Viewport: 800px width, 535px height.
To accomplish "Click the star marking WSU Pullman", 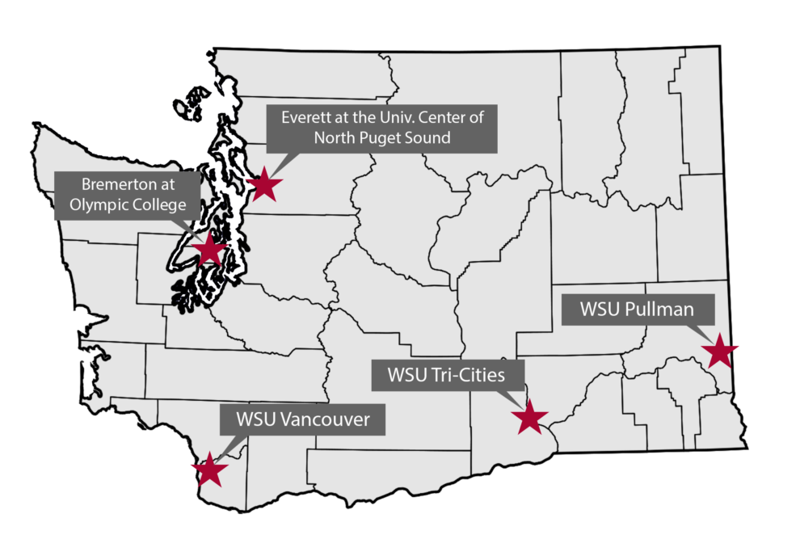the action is click(x=719, y=352).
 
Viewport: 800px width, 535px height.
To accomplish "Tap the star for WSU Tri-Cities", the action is click(x=530, y=417).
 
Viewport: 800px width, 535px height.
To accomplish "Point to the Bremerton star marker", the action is click(x=210, y=250).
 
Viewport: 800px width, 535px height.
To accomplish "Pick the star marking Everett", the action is click(x=264, y=185).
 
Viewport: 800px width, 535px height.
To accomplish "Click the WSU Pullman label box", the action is click(x=638, y=310).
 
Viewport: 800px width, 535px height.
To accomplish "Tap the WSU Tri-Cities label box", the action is click(x=447, y=375).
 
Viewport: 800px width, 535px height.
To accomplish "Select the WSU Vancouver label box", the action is click(x=303, y=420).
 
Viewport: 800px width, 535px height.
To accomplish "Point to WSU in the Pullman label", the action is click(x=600, y=310).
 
